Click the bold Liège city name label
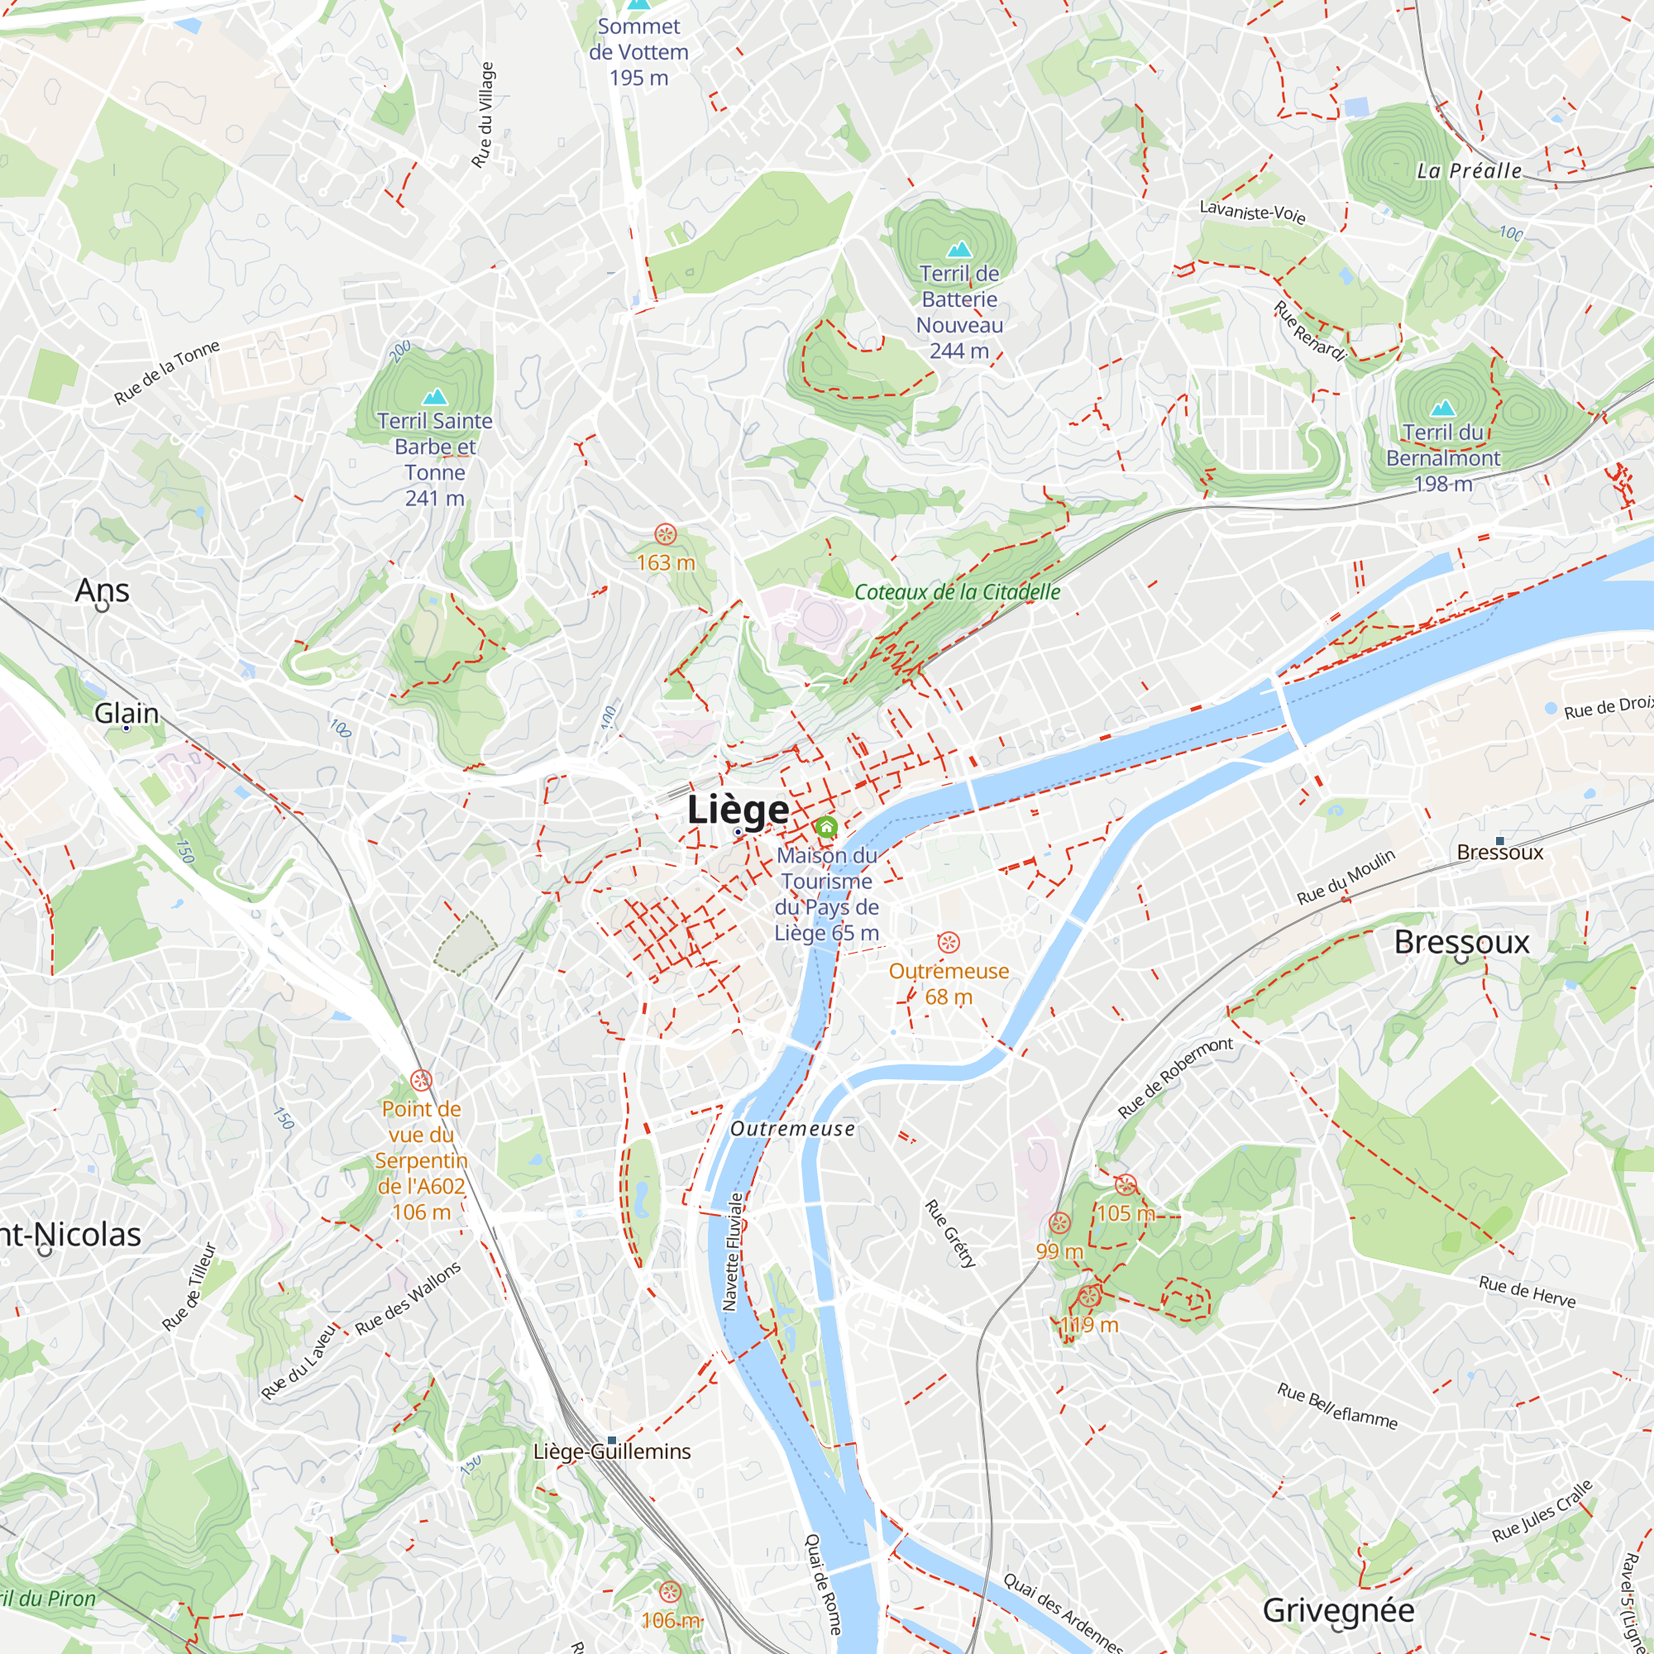click(738, 809)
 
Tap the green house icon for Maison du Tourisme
click(826, 827)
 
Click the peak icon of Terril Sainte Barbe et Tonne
click(435, 397)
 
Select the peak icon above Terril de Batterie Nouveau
click(958, 249)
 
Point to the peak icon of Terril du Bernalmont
click(1443, 409)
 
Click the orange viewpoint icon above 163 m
click(665, 535)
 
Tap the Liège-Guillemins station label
click(611, 1452)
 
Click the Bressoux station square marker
click(1500, 841)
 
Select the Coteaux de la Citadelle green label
click(957, 591)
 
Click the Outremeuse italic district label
click(792, 1129)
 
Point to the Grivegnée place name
click(1338, 1610)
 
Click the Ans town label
click(102, 590)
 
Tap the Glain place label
click(126, 713)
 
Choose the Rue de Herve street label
click(1527, 1291)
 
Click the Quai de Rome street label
click(824, 1584)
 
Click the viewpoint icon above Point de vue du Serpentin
click(421, 1079)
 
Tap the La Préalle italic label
click(1469, 170)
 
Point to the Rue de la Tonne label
click(167, 371)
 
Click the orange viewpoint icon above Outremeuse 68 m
click(948, 943)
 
